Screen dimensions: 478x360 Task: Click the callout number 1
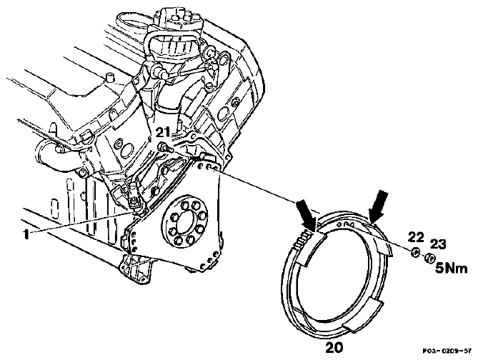coord(26,234)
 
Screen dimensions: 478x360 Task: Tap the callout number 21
coord(163,133)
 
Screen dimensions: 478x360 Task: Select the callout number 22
coord(416,237)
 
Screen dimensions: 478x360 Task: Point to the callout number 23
coord(438,244)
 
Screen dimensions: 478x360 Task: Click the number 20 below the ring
coord(334,347)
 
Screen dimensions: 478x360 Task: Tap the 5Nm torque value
coord(452,269)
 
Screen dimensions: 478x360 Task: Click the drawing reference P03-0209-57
coord(447,351)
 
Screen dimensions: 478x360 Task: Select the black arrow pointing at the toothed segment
coord(307,215)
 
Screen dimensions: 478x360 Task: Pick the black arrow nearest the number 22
coord(378,206)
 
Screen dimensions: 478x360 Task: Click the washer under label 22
coord(415,252)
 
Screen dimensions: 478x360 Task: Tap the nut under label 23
coord(429,259)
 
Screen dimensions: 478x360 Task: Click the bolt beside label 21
coord(165,149)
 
